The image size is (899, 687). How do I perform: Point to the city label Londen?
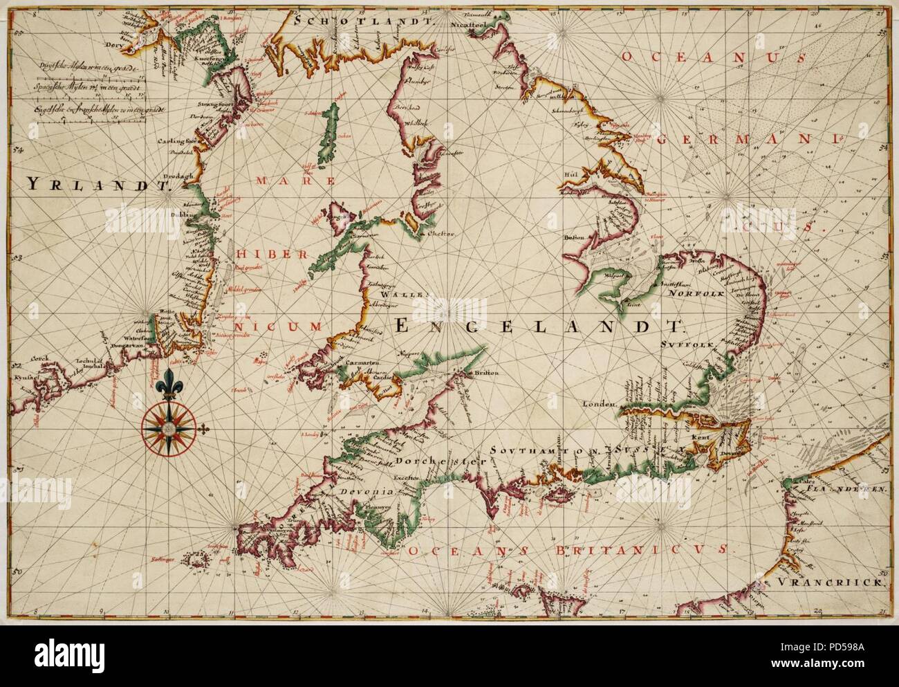pos(599,403)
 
